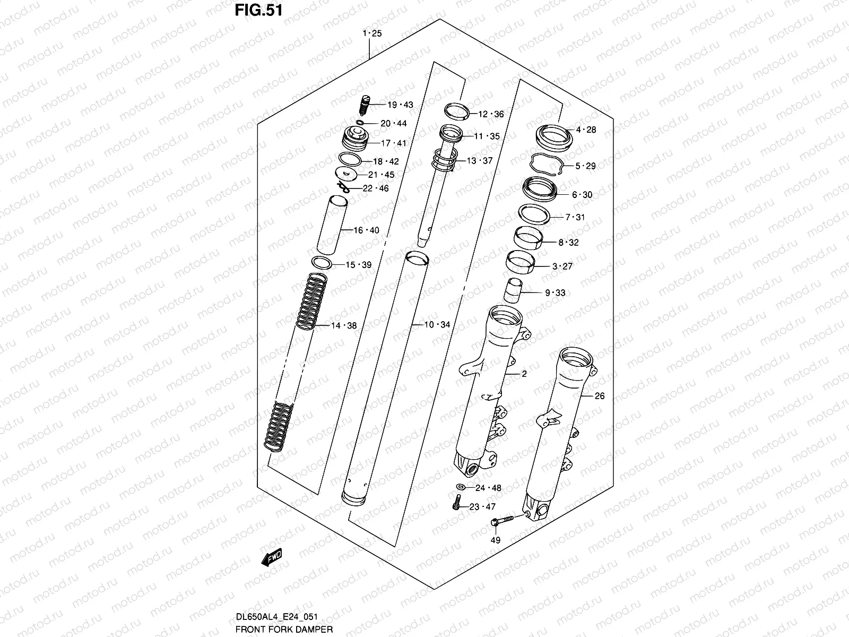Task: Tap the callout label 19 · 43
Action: click(400, 105)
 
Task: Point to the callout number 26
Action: click(599, 395)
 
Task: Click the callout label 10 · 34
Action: click(437, 324)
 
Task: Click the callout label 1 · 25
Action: click(372, 33)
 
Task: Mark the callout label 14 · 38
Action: click(344, 326)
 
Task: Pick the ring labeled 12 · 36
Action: click(457, 111)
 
